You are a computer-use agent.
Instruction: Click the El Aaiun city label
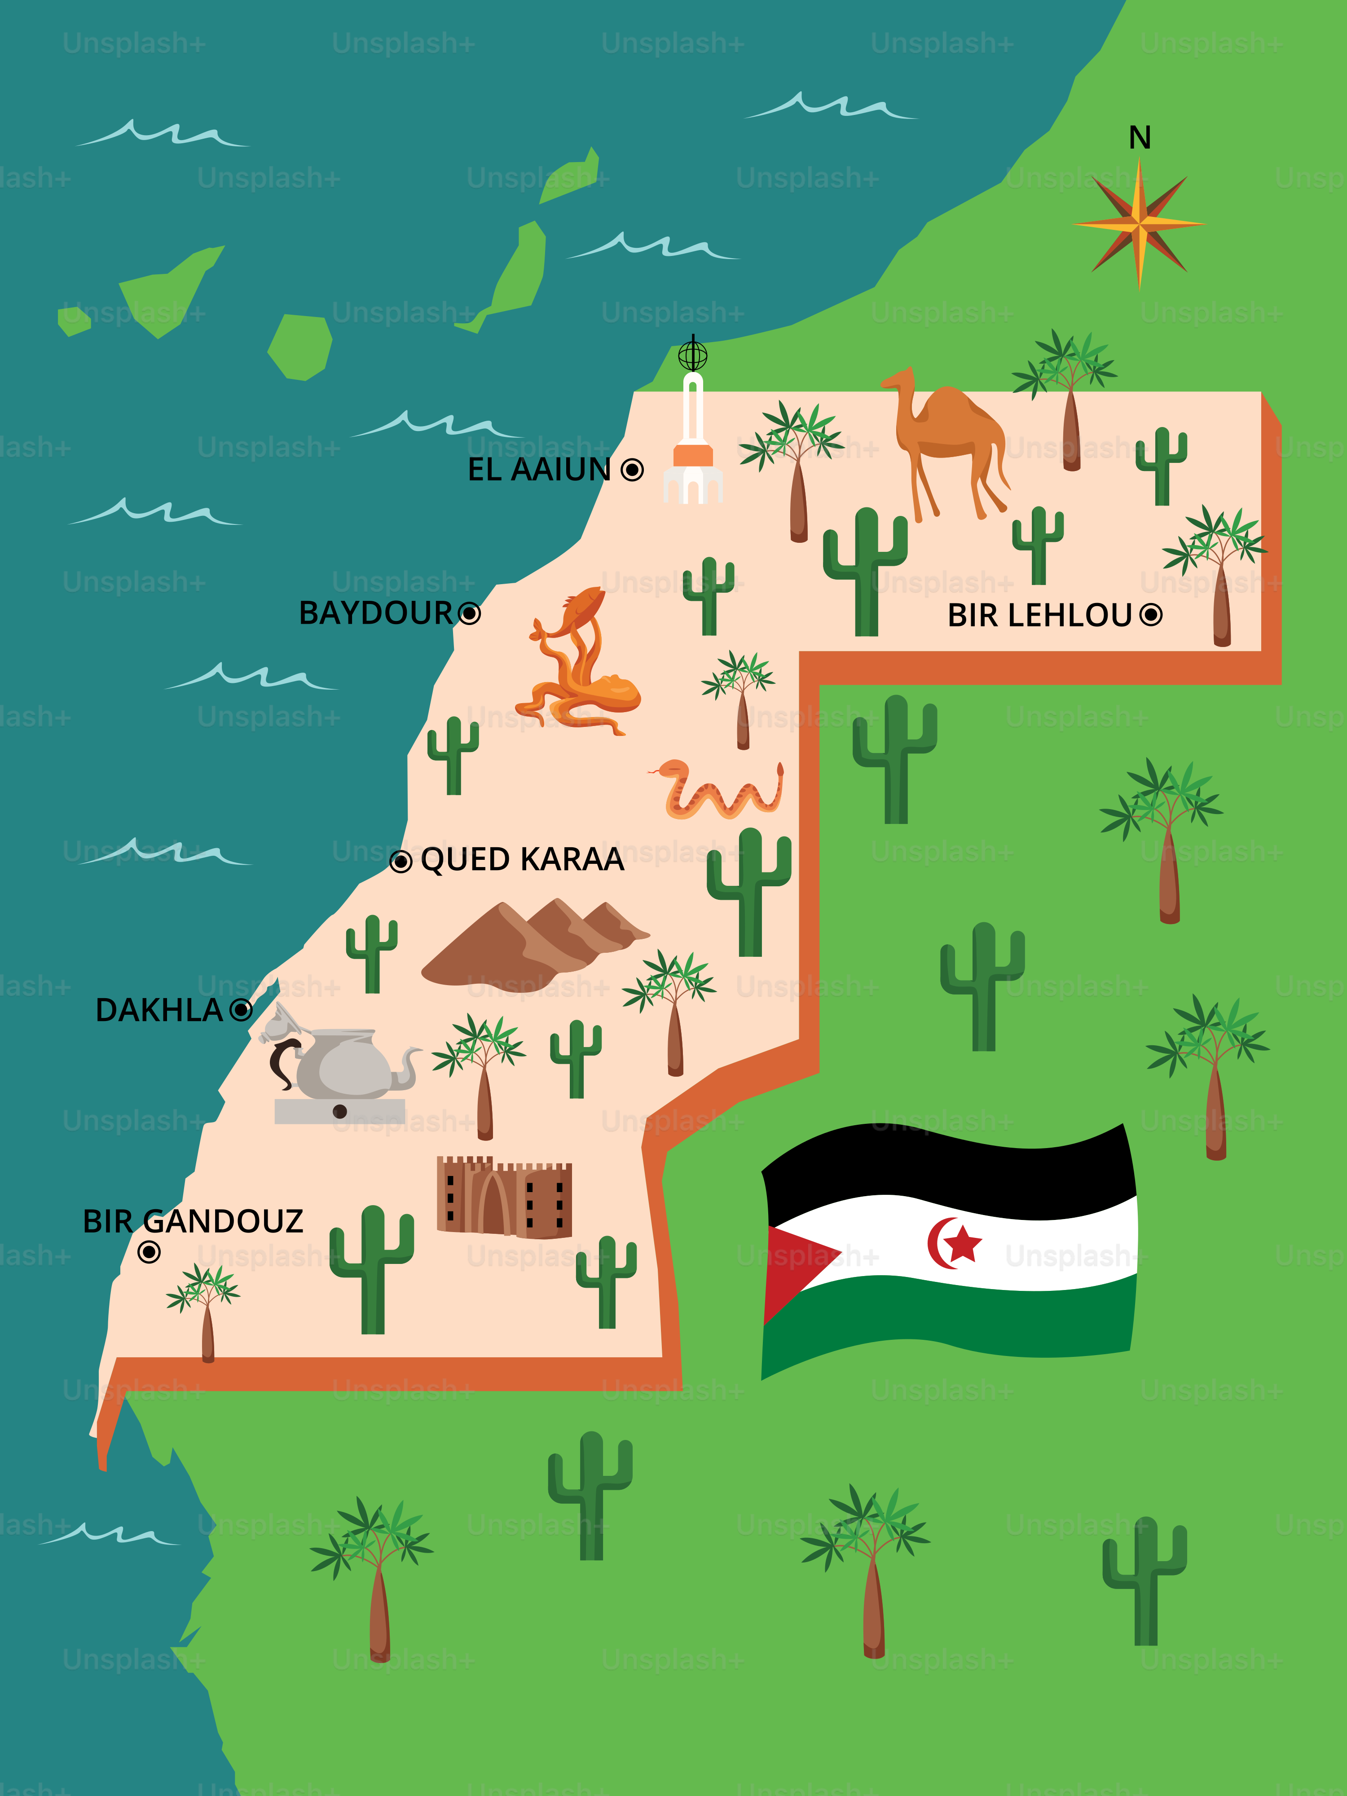(538, 469)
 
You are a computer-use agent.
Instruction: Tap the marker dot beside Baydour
(469, 613)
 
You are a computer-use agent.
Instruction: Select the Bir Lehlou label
(1039, 616)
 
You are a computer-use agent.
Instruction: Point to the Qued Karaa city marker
(401, 862)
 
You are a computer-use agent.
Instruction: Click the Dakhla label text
(159, 1010)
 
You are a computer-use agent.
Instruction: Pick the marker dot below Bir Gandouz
(149, 1252)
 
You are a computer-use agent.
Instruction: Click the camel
(950, 438)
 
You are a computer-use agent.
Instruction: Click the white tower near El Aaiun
(692, 443)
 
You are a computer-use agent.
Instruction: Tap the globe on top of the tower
(692, 355)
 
